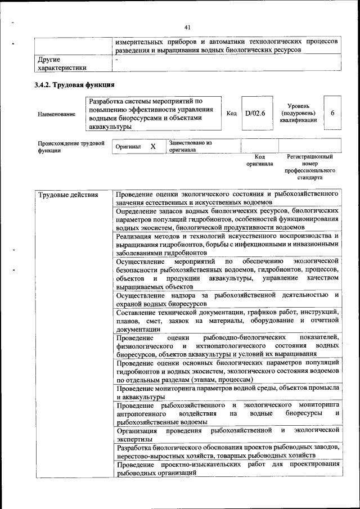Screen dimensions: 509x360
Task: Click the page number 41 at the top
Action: [x=187, y=26]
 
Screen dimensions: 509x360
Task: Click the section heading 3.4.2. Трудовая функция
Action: [x=75, y=85]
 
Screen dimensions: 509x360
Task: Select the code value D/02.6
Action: [x=255, y=113]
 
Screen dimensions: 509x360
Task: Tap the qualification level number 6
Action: [x=333, y=113]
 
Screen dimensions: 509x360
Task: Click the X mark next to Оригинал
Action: [x=152, y=146]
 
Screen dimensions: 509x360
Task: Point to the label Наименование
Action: [x=56, y=114]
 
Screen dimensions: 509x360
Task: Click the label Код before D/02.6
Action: [x=231, y=113]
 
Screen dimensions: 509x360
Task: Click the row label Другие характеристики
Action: [x=62, y=64]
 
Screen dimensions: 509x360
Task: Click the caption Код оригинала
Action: [x=259, y=160]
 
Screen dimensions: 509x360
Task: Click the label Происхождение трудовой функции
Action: [x=71, y=147]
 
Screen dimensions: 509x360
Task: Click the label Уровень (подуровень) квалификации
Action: [x=298, y=113]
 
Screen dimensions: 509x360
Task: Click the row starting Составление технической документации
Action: [x=227, y=320]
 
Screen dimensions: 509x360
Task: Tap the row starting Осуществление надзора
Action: [x=227, y=299]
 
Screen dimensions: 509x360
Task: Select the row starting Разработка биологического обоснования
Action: [x=227, y=451]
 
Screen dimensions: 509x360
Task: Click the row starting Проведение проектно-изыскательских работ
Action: [x=227, y=469]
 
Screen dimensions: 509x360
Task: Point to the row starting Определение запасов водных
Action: [x=227, y=219]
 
